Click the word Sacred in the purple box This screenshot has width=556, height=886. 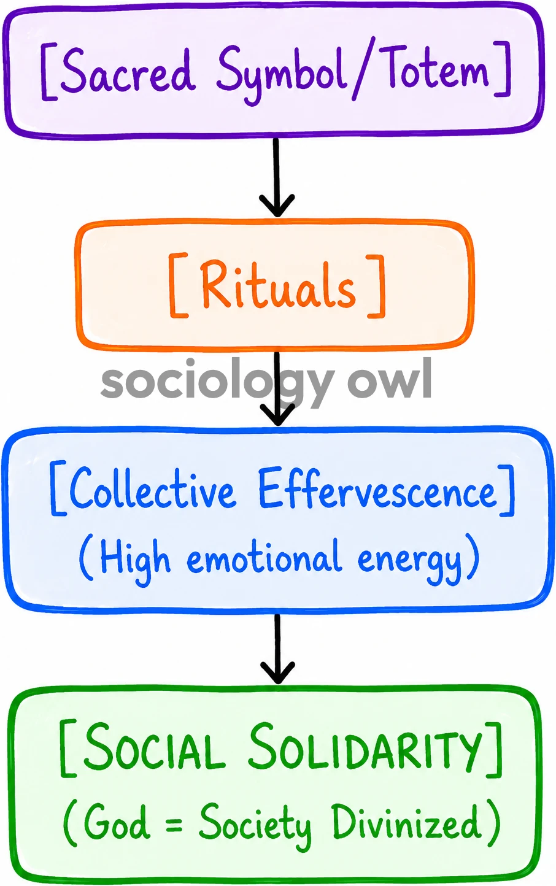coord(126,71)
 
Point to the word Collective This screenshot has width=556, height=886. coord(152,488)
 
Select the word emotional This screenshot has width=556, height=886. coord(263,556)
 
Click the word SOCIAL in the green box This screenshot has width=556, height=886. coord(154,745)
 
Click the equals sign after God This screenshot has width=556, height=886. coord(174,822)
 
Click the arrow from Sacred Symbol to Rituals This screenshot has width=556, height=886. coord(277,177)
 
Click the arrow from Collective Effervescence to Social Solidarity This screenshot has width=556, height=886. coord(277,649)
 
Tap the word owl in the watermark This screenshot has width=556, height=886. coord(390,380)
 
